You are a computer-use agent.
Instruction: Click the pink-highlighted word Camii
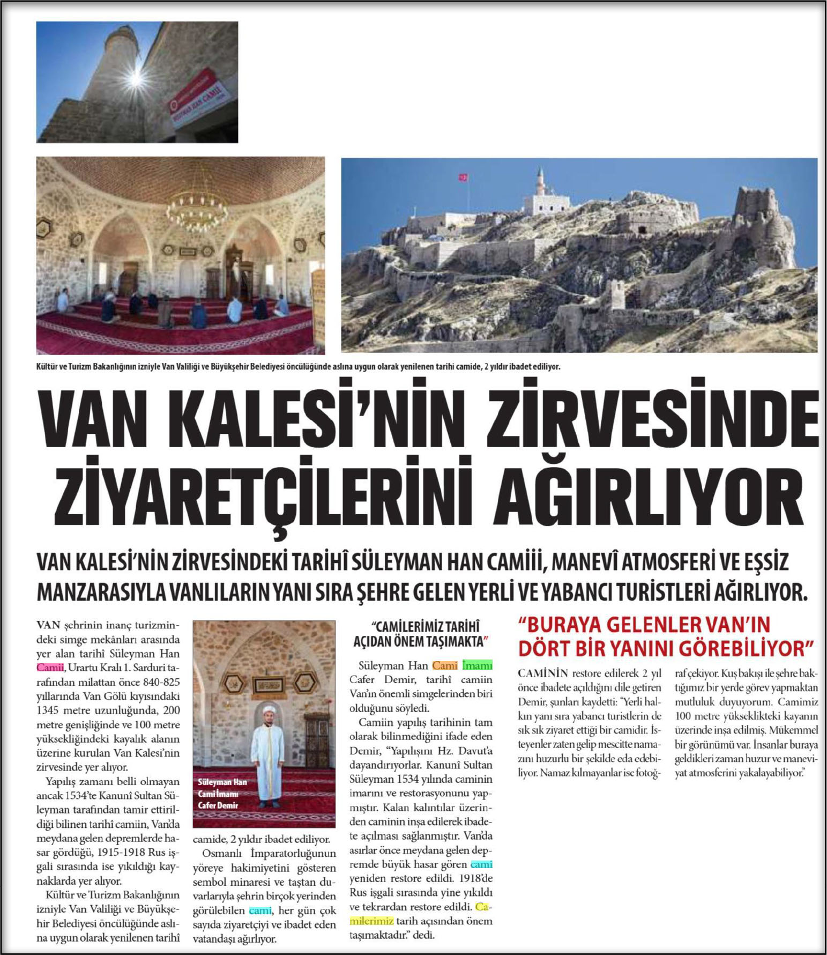click(50, 668)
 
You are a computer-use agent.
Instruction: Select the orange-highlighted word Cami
click(444, 665)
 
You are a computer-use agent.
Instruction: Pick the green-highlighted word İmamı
click(477, 665)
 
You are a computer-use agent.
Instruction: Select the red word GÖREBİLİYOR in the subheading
click(743, 649)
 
